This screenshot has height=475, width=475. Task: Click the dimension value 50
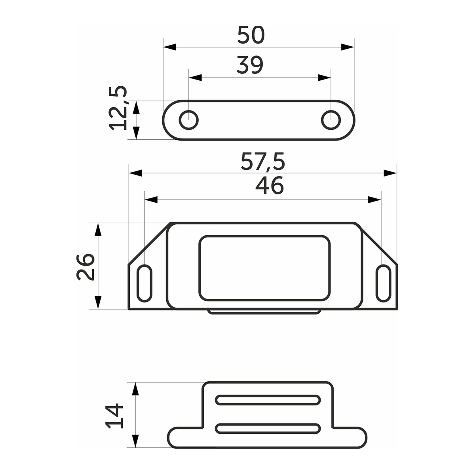click(251, 35)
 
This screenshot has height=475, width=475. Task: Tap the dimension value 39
click(250, 65)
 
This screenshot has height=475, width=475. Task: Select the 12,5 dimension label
click(118, 108)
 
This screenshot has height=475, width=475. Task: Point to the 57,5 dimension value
click(263, 161)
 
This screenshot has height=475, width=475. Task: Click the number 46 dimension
click(270, 185)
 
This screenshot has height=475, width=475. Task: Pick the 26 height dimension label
click(85, 267)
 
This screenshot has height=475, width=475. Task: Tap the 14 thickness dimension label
click(114, 416)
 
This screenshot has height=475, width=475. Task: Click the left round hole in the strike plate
click(188, 120)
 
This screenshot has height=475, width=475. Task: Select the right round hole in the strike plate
click(331, 120)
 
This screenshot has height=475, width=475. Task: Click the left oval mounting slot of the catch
click(144, 283)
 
